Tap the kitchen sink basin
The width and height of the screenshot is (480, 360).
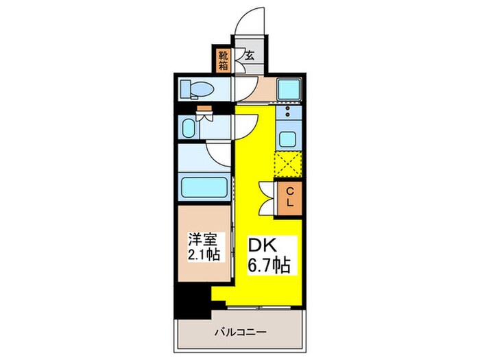pos(287,137)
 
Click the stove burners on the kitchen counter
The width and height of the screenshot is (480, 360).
pos(287,112)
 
